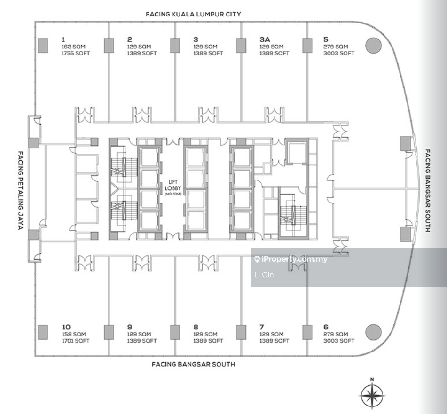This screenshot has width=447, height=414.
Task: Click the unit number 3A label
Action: pyautogui.click(x=265, y=39)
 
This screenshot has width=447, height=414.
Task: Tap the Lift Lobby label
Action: pyautogui.click(x=173, y=185)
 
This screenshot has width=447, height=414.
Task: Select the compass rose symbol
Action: pyautogui.click(x=372, y=395)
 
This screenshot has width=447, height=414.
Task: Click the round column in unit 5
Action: pyautogui.click(x=374, y=45)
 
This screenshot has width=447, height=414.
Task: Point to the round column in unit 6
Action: pyautogui.click(x=374, y=332)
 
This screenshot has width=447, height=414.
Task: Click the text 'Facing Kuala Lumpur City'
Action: pyautogui.click(x=193, y=14)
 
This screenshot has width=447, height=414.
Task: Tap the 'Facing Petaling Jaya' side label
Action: pyautogui.click(x=20, y=191)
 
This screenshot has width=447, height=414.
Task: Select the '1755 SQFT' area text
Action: pyautogui.click(x=76, y=53)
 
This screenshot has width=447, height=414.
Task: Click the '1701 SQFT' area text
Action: pyautogui.click(x=76, y=341)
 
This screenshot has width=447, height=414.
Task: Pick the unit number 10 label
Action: pyautogui.click(x=66, y=327)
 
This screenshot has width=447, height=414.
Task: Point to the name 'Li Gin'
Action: pyautogui.click(x=264, y=275)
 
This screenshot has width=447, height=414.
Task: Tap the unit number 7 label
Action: pyautogui.click(x=262, y=327)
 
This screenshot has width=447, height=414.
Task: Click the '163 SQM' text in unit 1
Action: pyautogui.click(x=73, y=47)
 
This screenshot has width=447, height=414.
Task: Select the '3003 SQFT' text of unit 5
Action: pyautogui.click(x=339, y=53)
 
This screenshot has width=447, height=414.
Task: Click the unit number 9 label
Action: pyautogui.click(x=130, y=327)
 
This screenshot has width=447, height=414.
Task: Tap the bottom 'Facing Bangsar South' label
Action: pyautogui.click(x=193, y=364)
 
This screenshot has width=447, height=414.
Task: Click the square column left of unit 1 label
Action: pyautogui.click(x=43, y=46)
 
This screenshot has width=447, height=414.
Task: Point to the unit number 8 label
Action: pyautogui.click(x=196, y=327)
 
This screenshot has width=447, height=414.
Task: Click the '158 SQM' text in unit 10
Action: pyautogui.click(x=73, y=334)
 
